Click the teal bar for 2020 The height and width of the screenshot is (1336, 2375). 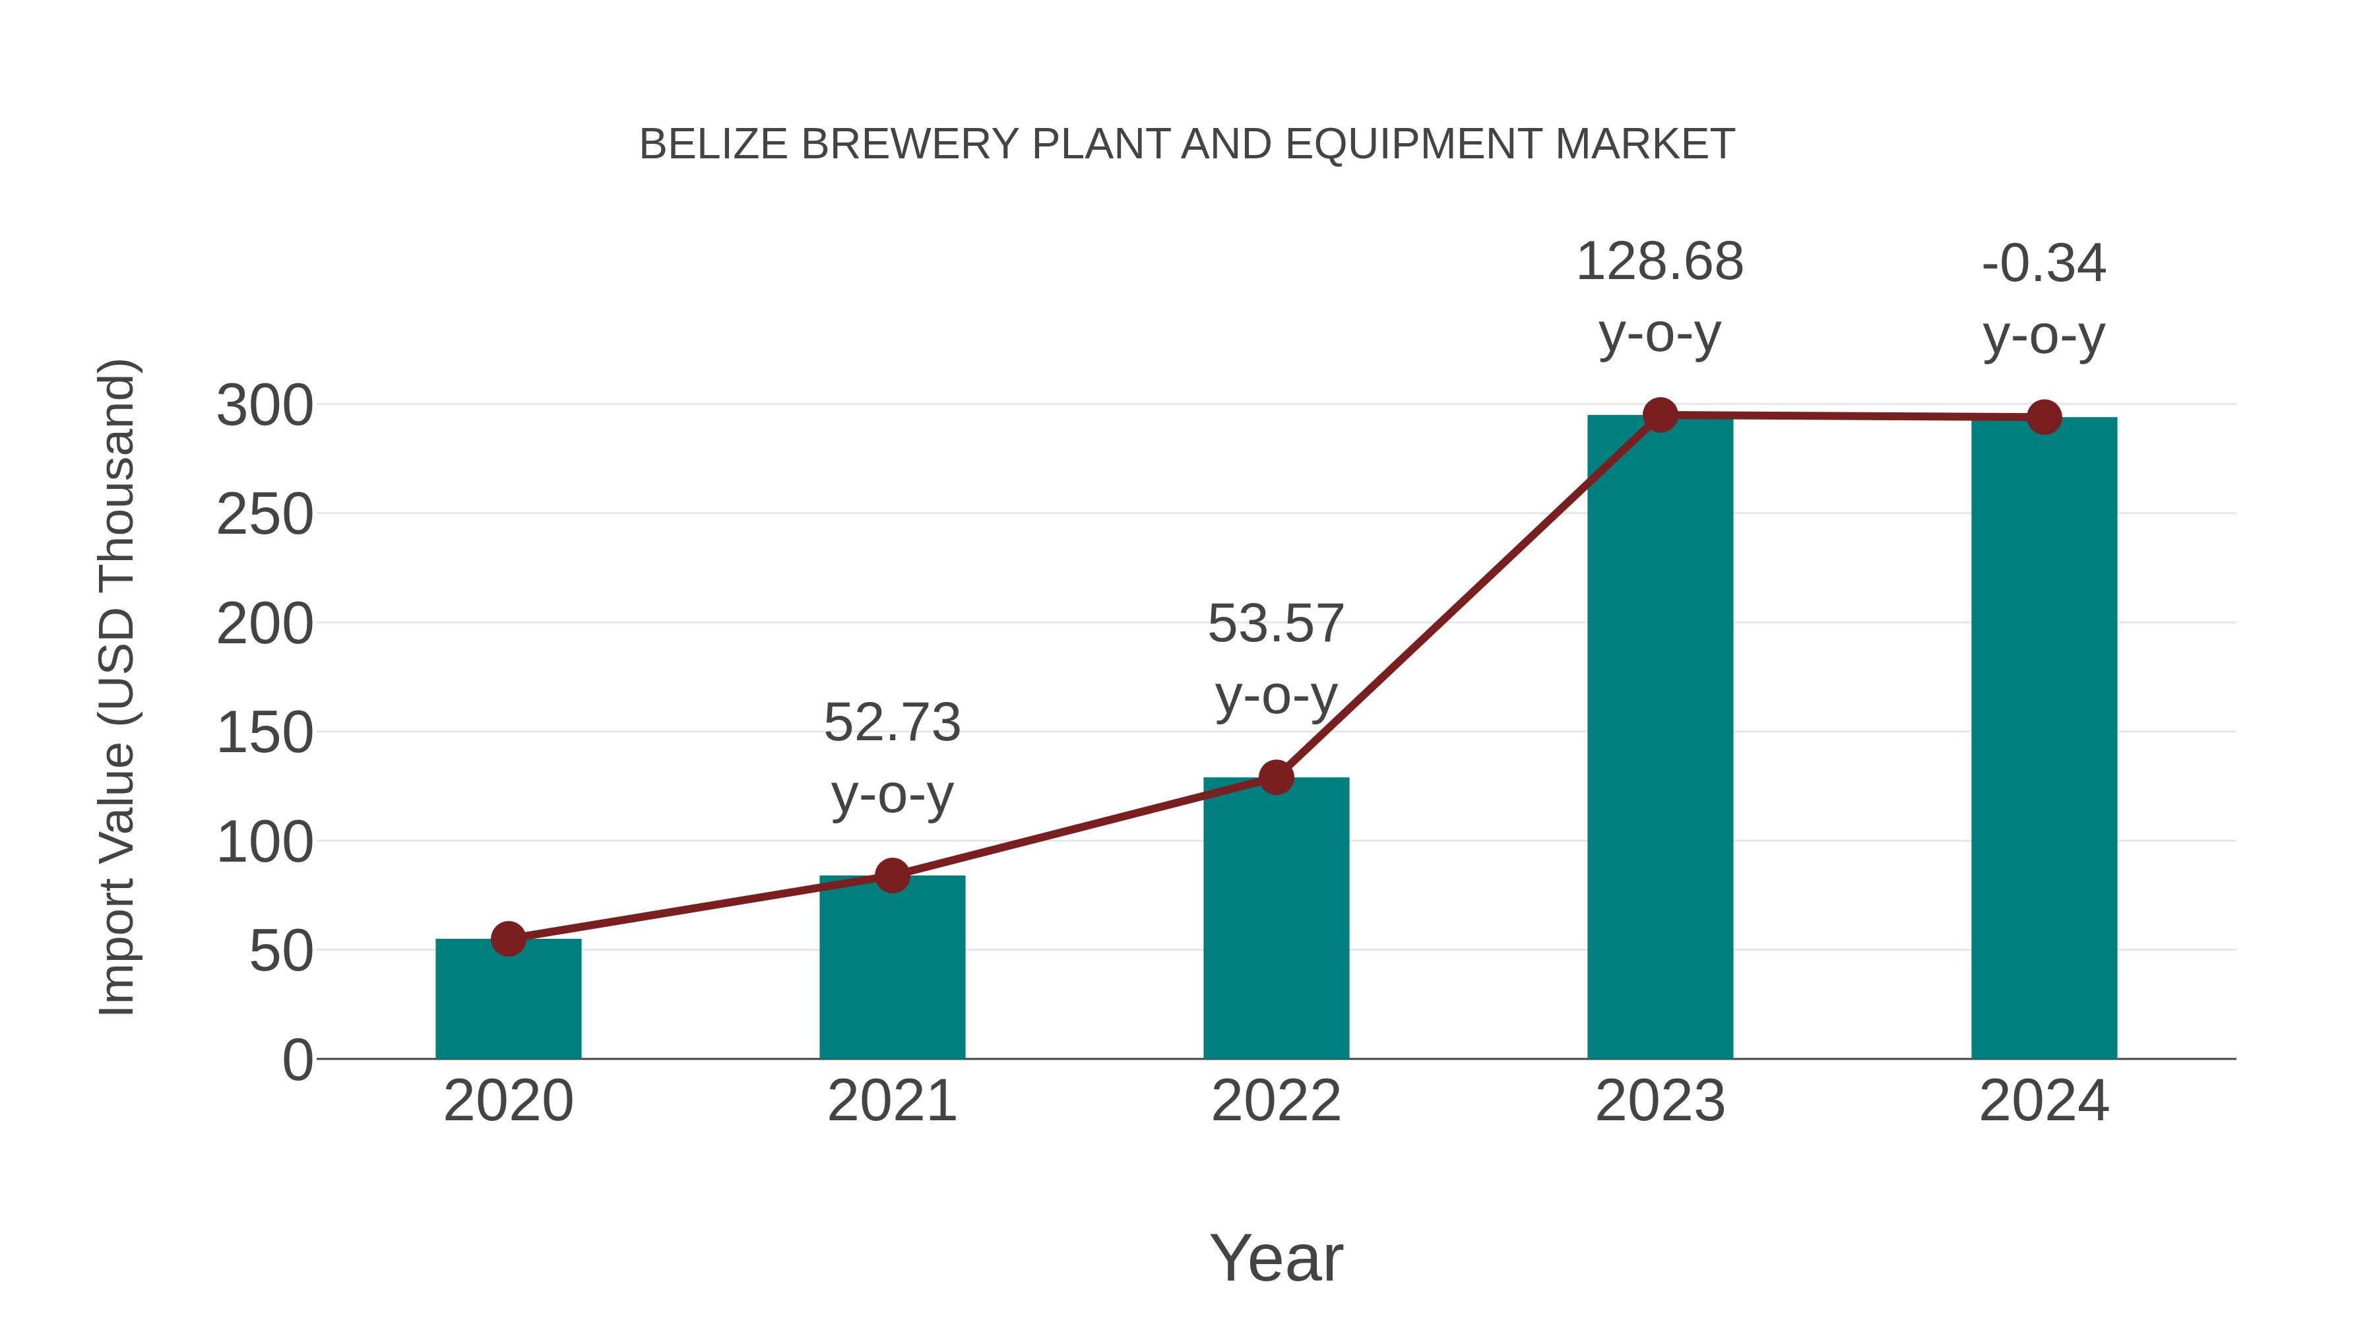click(x=508, y=1000)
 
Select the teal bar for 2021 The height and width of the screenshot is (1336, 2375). click(x=891, y=968)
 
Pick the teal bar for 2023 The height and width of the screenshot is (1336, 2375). click(x=1660, y=738)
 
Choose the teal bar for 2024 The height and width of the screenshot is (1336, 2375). click(x=2043, y=738)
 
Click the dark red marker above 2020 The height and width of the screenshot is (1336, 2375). click(x=508, y=939)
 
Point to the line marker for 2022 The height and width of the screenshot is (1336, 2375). click(x=1275, y=777)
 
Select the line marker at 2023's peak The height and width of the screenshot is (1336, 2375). click(x=1660, y=416)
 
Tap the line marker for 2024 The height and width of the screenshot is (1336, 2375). click(x=2043, y=418)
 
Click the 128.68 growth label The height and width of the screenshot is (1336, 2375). click(x=1660, y=262)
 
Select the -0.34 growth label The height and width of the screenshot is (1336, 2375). click(x=2043, y=264)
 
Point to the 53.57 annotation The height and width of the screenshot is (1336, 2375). click(x=1275, y=624)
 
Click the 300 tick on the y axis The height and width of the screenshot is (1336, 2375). click(x=265, y=406)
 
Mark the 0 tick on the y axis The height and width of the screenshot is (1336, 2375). click(x=298, y=1060)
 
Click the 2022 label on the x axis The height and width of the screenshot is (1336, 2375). click(x=1275, y=1101)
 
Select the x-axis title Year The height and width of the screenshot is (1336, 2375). click(x=1275, y=1259)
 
